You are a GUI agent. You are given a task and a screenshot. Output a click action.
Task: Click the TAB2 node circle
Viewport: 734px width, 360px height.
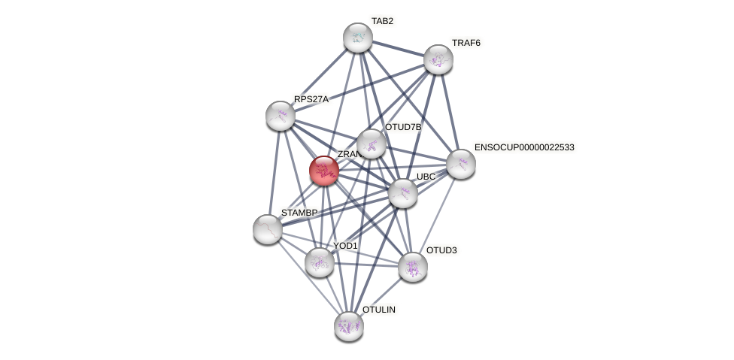pyautogui.click(x=358, y=38)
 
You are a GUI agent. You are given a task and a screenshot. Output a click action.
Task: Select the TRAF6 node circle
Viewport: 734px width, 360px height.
pyautogui.click(x=438, y=59)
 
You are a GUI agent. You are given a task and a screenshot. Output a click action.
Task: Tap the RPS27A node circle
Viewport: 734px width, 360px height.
pyautogui.click(x=281, y=116)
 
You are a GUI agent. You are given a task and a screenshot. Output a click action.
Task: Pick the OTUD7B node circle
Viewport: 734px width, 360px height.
pyautogui.click(x=372, y=144)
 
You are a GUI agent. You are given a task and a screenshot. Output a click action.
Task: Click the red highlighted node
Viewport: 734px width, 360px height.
pyautogui.click(x=324, y=171)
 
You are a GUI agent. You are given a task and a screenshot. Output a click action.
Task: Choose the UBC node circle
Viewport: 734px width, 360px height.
pyautogui.click(x=403, y=193)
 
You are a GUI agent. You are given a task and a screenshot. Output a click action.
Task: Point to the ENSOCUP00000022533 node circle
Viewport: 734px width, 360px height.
pyautogui.click(x=461, y=164)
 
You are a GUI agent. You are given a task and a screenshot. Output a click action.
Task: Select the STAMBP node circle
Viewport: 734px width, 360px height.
pyautogui.click(x=268, y=229)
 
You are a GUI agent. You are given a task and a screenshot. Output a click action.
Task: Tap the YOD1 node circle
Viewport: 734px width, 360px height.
pyautogui.click(x=320, y=262)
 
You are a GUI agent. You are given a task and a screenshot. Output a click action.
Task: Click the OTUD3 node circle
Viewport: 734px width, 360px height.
pyautogui.click(x=413, y=267)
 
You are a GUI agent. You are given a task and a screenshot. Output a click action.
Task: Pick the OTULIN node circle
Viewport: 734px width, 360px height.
pyautogui.click(x=349, y=326)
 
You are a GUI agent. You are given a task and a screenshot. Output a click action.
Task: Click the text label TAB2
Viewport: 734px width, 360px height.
pyautogui.click(x=382, y=21)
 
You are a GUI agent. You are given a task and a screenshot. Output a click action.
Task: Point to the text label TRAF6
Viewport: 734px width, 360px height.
pyautogui.click(x=466, y=43)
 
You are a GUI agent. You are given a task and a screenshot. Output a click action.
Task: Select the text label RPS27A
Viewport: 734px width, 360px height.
pyautogui.click(x=311, y=99)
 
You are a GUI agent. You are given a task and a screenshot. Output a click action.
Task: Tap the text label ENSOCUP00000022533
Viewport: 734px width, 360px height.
pyautogui.click(x=524, y=147)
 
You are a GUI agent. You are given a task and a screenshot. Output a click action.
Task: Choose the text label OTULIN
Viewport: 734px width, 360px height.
pyautogui.click(x=379, y=310)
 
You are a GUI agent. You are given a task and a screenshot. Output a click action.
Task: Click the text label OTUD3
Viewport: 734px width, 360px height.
pyautogui.click(x=441, y=250)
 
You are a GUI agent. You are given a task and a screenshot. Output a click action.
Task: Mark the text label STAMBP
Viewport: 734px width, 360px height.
pyautogui.click(x=299, y=213)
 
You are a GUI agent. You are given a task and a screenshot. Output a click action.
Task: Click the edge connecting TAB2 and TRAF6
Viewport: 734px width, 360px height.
pyautogui.click(x=399, y=49)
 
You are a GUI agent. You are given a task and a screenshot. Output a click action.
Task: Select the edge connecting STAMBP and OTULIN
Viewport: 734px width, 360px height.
pyautogui.click(x=308, y=278)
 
